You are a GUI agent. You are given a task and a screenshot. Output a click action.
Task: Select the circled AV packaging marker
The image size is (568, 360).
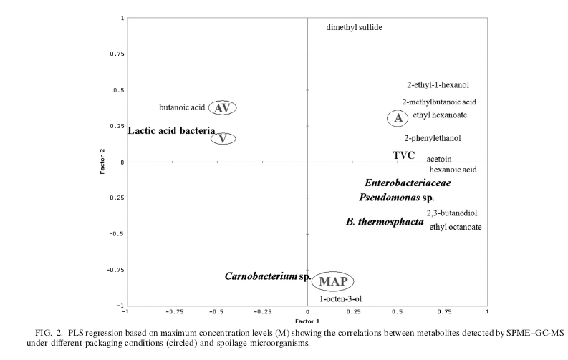pyautogui.click(x=223, y=107)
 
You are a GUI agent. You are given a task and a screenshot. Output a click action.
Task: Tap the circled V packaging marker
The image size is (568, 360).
pyautogui.click(x=223, y=138)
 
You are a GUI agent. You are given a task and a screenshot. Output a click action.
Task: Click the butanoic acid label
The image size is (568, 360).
pyautogui.click(x=183, y=107)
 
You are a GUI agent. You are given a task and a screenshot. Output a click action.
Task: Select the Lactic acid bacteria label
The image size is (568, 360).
pyautogui.click(x=171, y=131)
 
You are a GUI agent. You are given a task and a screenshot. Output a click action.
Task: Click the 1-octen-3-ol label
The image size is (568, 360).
pyautogui.click(x=340, y=298)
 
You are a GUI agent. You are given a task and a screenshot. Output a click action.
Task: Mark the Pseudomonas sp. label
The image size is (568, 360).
pyautogui.click(x=397, y=197)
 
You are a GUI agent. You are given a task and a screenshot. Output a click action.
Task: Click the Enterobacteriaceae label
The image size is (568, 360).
pyautogui.click(x=408, y=183)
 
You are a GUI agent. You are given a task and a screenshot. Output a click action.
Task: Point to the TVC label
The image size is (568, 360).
pyautogui.click(x=404, y=155)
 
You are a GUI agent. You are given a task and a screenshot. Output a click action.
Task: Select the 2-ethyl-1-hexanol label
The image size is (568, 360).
pyautogui.click(x=438, y=84)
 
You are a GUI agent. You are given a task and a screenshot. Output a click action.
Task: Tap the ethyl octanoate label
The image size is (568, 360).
pyautogui.click(x=456, y=227)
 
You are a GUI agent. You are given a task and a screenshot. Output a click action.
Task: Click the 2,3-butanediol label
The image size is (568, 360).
pyautogui.click(x=452, y=213)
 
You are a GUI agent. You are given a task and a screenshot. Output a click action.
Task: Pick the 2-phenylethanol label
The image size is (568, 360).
pyautogui.click(x=433, y=138)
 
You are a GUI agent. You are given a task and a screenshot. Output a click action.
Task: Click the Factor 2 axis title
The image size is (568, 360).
pyautogui.click(x=102, y=162)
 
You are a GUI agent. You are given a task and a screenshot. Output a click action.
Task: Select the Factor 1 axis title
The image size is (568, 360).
pyautogui.click(x=307, y=322)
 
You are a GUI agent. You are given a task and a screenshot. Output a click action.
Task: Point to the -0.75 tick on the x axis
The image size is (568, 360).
pyautogui.click(x=172, y=312)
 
